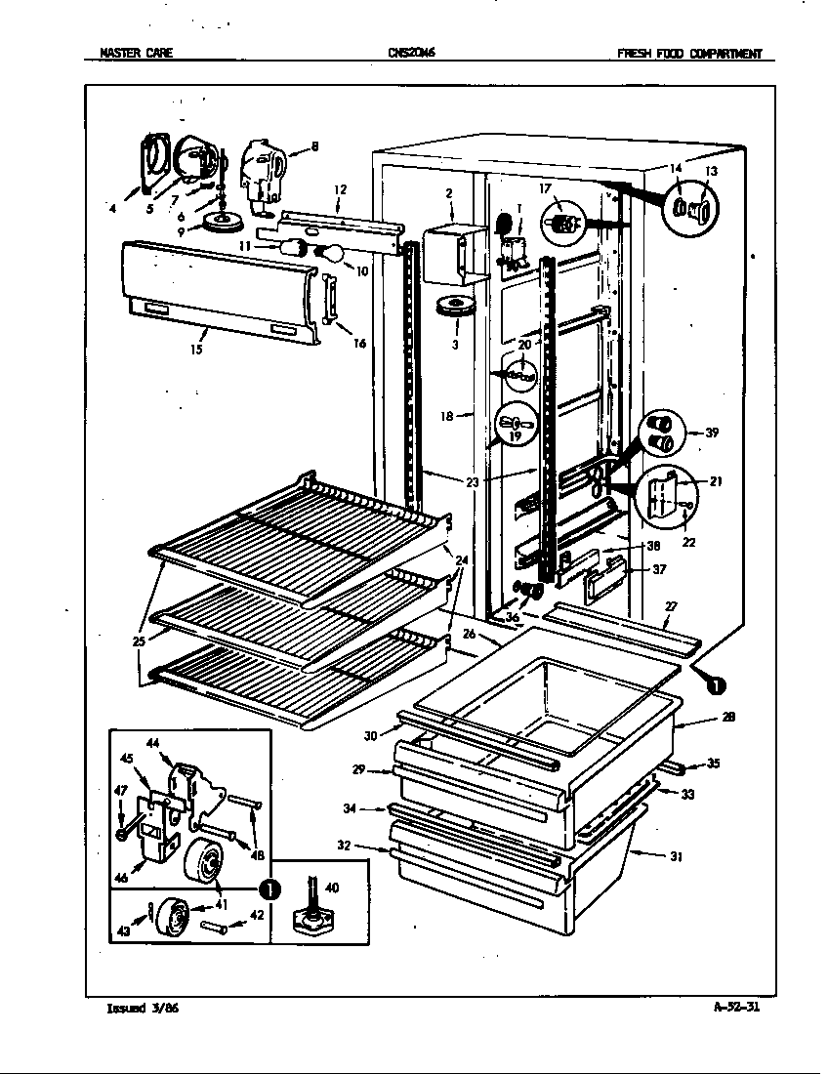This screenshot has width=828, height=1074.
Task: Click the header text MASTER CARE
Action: tap(137, 54)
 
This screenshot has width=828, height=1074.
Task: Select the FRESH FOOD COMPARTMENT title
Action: tap(688, 54)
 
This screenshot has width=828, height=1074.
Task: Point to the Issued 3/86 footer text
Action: tap(142, 1009)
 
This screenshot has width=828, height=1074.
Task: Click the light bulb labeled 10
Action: tap(331, 254)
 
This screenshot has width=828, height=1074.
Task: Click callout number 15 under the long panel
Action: tap(197, 349)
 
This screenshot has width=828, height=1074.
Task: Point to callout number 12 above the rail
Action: tap(340, 189)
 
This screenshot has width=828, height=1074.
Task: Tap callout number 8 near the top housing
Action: tap(314, 147)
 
